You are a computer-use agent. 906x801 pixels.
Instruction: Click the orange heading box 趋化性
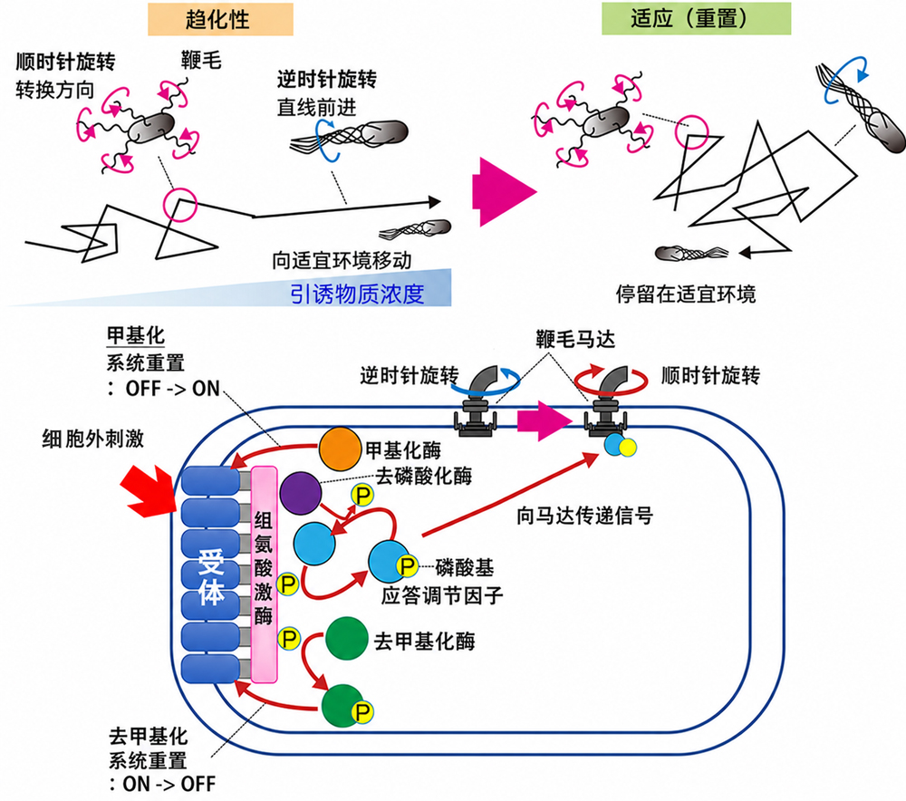click(220, 20)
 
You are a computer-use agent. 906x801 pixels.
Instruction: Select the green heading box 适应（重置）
click(696, 18)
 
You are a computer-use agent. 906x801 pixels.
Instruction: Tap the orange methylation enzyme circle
click(341, 449)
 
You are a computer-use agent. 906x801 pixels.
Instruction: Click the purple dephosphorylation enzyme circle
click(301, 493)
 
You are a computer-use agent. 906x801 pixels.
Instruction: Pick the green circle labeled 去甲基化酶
click(347, 639)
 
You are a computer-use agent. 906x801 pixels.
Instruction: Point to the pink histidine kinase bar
click(264, 574)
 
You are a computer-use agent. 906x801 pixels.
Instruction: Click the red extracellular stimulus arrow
click(149, 489)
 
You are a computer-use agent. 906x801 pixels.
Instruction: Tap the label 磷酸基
click(465, 567)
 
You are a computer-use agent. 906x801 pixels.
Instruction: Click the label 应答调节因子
click(442, 595)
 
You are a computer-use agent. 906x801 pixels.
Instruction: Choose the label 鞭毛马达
click(575, 339)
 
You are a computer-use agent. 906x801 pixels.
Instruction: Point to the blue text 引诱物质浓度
click(357, 294)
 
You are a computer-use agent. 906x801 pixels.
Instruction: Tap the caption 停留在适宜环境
click(686, 294)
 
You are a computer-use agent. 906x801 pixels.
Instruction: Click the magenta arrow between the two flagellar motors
click(543, 421)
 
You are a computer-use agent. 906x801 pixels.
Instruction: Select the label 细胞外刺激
click(93, 439)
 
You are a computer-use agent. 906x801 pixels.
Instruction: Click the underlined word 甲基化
click(136, 335)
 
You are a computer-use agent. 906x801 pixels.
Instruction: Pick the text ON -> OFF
click(169, 784)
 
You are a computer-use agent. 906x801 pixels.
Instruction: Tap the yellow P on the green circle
click(363, 711)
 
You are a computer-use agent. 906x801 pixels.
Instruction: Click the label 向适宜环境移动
click(342, 261)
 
